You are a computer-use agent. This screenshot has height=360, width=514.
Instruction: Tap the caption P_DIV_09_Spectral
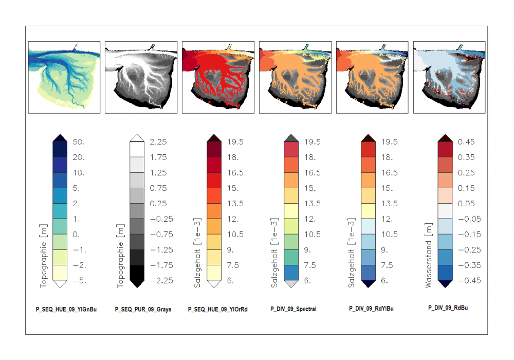point(293,309)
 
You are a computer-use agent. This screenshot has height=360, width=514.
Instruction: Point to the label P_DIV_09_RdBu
point(448,308)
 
